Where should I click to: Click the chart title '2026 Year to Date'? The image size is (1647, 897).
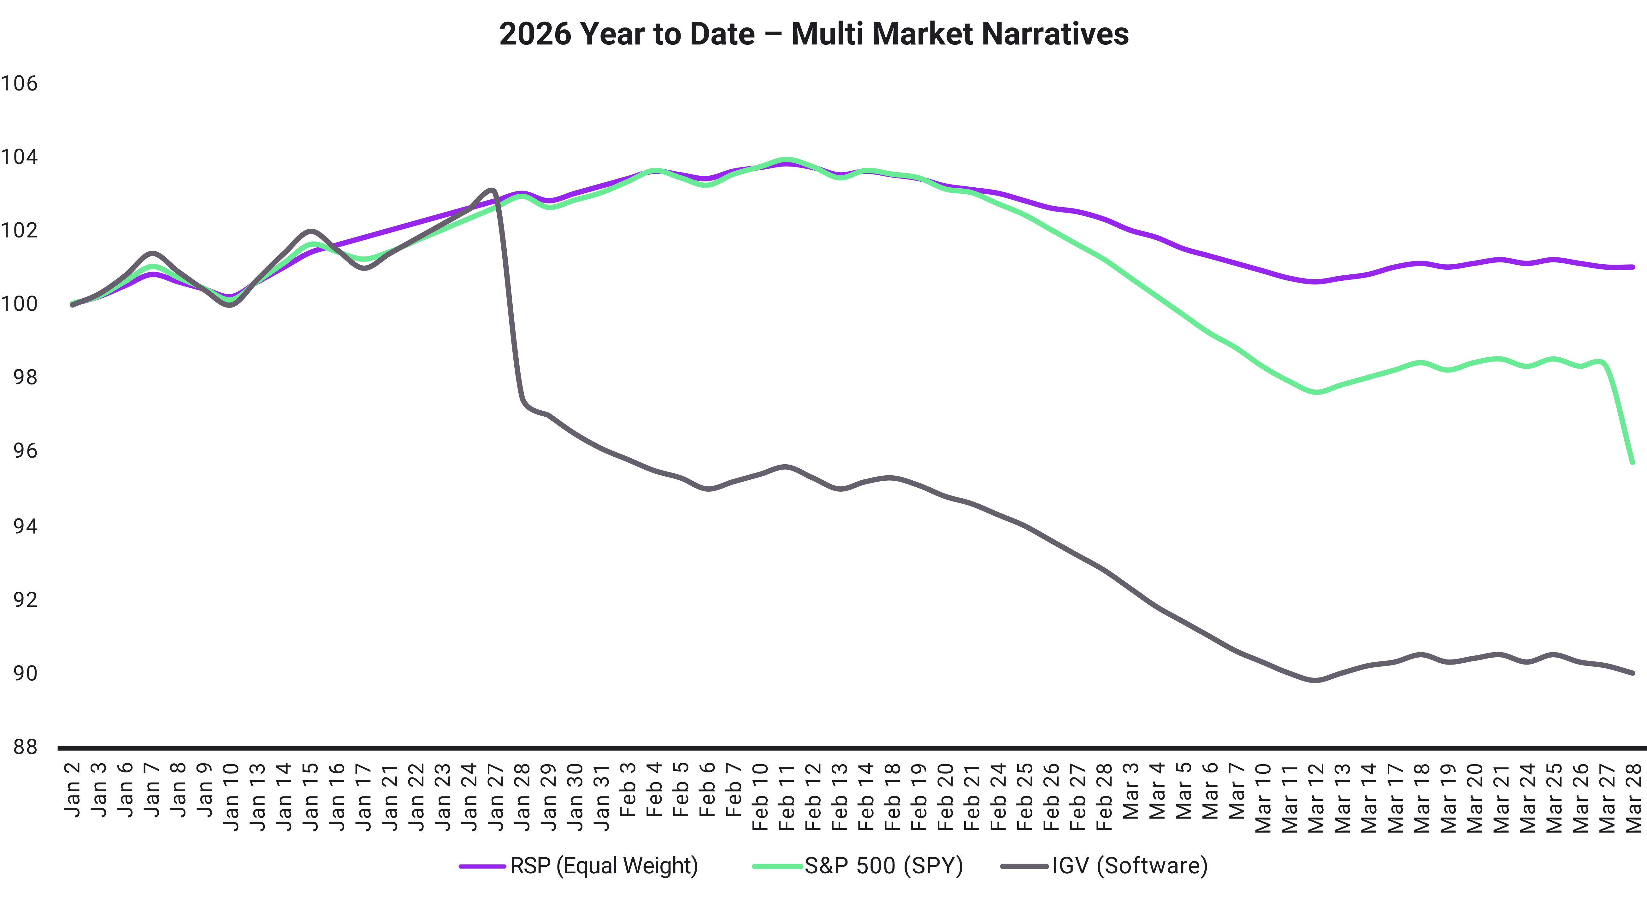click(x=627, y=34)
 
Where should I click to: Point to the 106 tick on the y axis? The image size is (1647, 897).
click(x=19, y=83)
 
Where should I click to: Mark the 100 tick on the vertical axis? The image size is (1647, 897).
click(x=19, y=304)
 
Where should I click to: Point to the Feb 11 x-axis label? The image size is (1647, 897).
click(x=786, y=796)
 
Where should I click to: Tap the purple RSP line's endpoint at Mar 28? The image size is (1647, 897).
click(x=1632, y=267)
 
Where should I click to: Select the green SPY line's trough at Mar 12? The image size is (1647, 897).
click(x=1315, y=392)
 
